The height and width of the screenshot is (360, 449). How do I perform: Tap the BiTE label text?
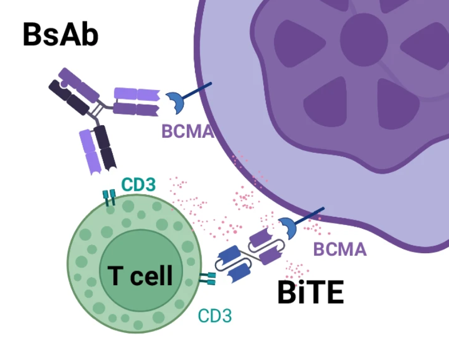[310, 293]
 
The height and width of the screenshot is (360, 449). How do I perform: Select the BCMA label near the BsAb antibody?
[187, 131]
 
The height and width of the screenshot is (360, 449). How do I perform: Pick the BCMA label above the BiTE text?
[340, 249]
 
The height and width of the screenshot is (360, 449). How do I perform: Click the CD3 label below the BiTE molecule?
[215, 316]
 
